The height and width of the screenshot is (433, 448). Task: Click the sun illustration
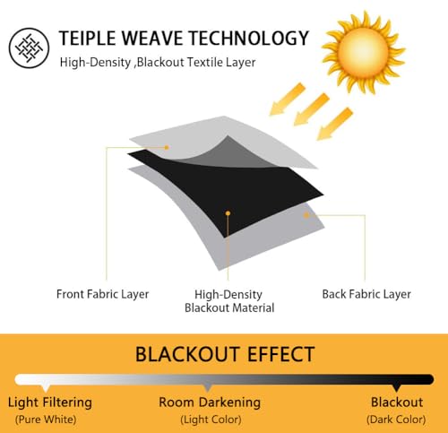pyautogui.click(x=364, y=52)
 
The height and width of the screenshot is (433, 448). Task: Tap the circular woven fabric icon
pyautogui.click(x=29, y=48)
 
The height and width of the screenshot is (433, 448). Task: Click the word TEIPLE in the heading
pyautogui.click(x=88, y=38)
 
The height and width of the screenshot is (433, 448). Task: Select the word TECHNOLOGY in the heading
pyautogui.click(x=249, y=38)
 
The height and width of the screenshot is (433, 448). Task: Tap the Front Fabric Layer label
pyautogui.click(x=102, y=294)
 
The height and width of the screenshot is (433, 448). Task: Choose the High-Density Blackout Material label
pyautogui.click(x=229, y=301)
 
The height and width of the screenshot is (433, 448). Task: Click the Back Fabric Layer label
pyautogui.click(x=366, y=294)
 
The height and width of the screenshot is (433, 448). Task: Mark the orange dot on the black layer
pyautogui.click(x=228, y=213)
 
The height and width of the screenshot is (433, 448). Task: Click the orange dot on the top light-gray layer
pyautogui.click(x=167, y=147)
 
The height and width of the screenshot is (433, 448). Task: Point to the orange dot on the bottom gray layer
pyautogui.click(x=306, y=215)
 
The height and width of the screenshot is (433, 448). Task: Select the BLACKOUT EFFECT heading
pyautogui.click(x=225, y=354)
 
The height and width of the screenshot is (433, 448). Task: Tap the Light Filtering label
pyautogui.click(x=50, y=403)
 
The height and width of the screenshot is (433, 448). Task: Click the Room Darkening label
pyautogui.click(x=210, y=403)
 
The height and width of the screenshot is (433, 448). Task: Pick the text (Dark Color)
pyautogui.click(x=396, y=420)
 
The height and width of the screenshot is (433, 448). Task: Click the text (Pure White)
pyautogui.click(x=46, y=420)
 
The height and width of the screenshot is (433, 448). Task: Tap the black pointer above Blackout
pyautogui.click(x=396, y=388)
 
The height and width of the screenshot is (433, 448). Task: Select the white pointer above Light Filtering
pyautogui.click(x=46, y=388)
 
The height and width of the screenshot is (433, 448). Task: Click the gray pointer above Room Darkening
pyautogui.click(x=208, y=388)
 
